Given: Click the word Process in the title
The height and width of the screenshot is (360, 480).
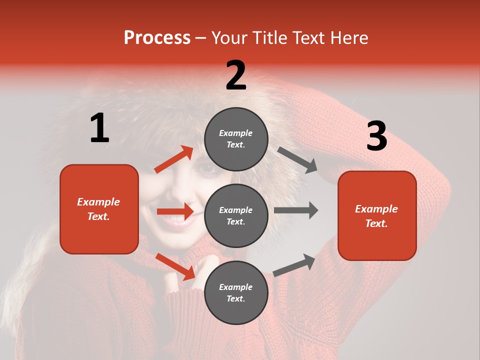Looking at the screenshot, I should click(157, 38).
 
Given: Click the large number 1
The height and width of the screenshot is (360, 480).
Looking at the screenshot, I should click(99, 128).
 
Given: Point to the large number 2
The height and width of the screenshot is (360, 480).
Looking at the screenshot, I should click(236, 75).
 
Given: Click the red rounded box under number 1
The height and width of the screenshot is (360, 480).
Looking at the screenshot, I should click(99, 209).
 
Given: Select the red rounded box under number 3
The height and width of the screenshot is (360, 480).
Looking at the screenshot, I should click(377, 215).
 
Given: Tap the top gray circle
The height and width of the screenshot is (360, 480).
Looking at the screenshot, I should click(236, 139).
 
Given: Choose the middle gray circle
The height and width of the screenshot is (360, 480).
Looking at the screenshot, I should click(236, 215).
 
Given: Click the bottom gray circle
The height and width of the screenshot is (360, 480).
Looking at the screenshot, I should click(236, 292).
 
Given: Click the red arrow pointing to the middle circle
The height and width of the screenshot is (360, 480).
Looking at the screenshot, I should click(175, 211).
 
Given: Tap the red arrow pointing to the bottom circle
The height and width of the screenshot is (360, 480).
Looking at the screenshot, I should click(175, 266).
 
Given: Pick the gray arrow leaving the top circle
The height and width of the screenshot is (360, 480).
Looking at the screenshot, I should click(297, 160).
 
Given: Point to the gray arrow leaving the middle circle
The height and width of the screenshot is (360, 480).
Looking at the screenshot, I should click(296, 210).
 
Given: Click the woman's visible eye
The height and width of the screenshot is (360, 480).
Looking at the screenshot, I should click(206, 169).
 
